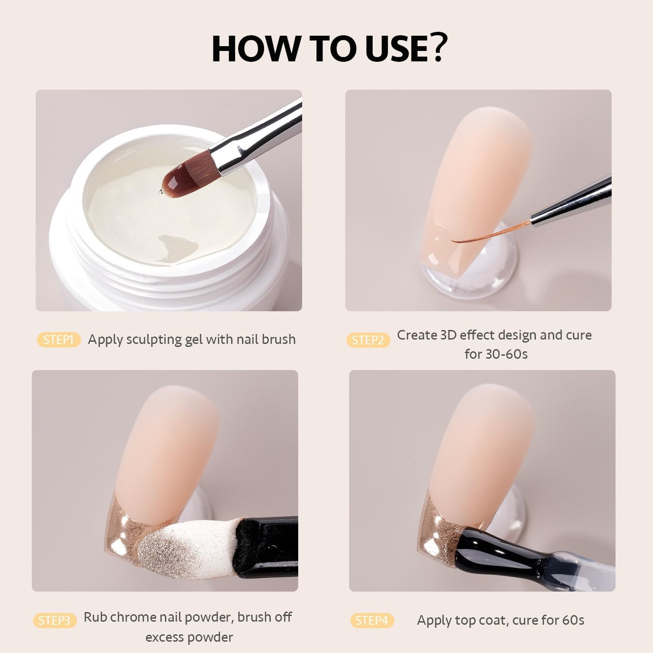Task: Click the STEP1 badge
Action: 59,340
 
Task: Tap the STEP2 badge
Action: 368,340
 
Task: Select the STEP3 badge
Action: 54,620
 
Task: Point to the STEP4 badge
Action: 372,620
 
